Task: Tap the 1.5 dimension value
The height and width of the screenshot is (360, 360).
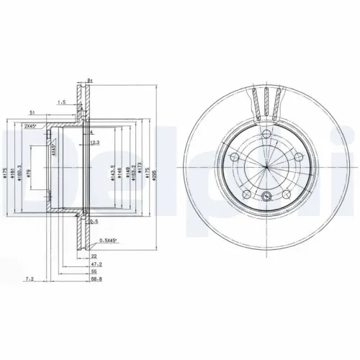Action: pos(63,103)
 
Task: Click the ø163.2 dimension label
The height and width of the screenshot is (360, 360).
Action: pos(134,173)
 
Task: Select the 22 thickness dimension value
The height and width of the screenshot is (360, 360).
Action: pos(93,255)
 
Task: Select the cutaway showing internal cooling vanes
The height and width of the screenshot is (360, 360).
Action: pos(266,101)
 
